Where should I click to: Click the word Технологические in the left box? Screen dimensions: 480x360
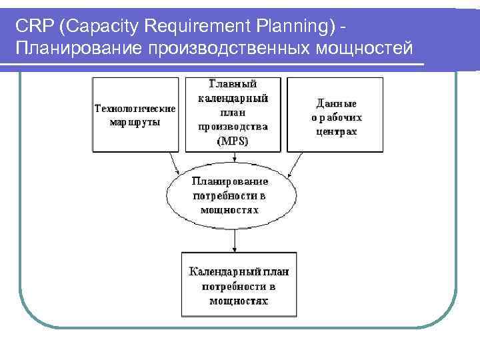pos(135,109)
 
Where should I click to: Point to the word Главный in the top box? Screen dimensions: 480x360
pos(233,84)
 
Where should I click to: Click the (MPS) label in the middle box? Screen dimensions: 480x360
pos(233,141)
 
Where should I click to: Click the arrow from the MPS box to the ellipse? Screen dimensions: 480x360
pos(235,156)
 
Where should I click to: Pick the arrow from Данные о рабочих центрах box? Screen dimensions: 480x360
pos(295,164)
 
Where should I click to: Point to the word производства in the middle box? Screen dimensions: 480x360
pos(233,127)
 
